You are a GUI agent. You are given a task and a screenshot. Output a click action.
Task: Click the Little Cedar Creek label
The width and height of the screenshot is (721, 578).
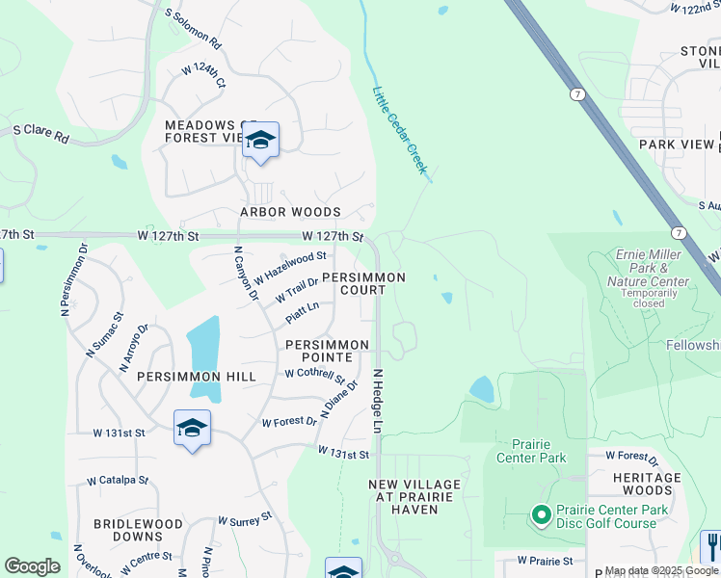[x=399, y=130]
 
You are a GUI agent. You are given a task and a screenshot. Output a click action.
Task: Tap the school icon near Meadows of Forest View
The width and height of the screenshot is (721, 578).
[x=260, y=142]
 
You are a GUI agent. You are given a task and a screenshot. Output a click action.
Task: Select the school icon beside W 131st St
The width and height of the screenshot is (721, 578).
[x=192, y=428]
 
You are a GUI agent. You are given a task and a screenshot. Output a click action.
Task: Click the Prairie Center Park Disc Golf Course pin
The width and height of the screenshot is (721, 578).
[x=538, y=515]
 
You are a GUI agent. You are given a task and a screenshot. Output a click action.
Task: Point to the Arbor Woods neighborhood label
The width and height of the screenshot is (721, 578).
[x=291, y=212]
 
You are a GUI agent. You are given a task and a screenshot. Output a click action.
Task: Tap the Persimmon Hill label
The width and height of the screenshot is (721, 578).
[x=197, y=377]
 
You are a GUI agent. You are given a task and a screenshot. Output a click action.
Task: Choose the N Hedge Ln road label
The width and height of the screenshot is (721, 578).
[x=378, y=401]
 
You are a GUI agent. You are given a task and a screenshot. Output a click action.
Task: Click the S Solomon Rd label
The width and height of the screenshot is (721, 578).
[x=194, y=30]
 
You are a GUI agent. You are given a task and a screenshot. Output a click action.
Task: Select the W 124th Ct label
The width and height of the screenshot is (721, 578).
[x=203, y=76]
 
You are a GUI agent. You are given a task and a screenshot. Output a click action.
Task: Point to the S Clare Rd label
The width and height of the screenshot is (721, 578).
[x=40, y=134]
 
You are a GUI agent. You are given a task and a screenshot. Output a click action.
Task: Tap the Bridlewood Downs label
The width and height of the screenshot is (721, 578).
[x=138, y=530]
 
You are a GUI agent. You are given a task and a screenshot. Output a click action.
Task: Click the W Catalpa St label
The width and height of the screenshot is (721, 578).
[x=118, y=480]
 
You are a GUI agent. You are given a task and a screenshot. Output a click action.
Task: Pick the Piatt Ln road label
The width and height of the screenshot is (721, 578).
[x=302, y=314]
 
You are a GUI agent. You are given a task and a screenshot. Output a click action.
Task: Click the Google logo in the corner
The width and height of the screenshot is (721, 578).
[x=32, y=565]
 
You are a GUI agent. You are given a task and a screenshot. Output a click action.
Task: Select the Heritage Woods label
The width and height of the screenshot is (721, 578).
[x=647, y=484]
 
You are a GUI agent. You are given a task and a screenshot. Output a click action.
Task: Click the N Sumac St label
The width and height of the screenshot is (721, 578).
[x=105, y=328]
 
